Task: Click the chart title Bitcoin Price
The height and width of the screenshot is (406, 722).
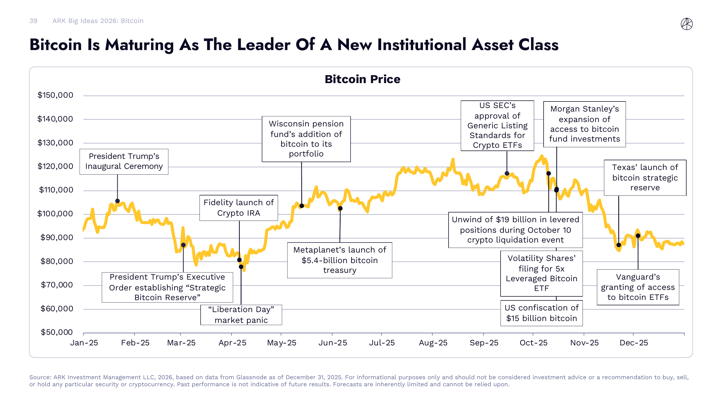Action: point(362,79)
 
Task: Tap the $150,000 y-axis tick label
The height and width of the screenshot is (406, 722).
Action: point(55,95)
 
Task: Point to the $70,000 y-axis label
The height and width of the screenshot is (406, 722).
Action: point(57,285)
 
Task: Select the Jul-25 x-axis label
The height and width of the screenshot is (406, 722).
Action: point(381,343)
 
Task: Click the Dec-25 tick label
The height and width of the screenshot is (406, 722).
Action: point(633,343)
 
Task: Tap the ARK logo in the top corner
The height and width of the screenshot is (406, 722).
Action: point(687,24)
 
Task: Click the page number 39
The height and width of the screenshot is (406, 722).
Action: point(33,21)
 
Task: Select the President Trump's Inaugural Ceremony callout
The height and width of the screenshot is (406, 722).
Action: point(124,161)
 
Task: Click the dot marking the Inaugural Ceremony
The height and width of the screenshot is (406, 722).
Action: point(117,201)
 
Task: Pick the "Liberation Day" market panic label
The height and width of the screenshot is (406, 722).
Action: point(241,315)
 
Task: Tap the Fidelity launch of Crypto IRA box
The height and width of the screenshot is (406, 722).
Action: point(239,208)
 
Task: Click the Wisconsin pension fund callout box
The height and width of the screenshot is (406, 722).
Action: point(306,139)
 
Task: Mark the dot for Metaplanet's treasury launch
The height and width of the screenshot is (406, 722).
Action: point(340,208)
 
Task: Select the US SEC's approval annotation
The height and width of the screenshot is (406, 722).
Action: point(497,125)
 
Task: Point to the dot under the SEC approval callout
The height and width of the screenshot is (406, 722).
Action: point(507,173)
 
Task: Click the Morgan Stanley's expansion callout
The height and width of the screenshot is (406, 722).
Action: point(584,124)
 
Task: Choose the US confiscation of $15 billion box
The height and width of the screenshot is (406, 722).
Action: point(541,313)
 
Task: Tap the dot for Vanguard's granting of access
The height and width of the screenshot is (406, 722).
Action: point(638,236)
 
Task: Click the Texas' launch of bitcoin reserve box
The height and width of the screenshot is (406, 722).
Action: point(645,177)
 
